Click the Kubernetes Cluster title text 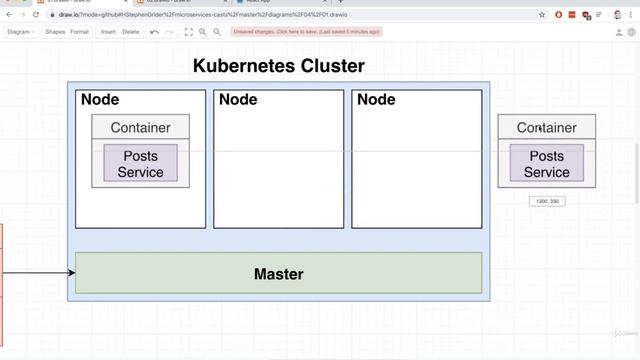click(278, 67)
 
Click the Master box click(278, 273)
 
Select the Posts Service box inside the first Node click(140, 164)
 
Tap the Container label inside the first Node click(140, 127)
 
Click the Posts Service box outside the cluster click(546, 164)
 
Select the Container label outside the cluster click(546, 127)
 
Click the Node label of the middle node click(238, 100)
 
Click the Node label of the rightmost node click(376, 100)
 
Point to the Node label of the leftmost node click(100, 100)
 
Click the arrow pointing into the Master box click(40, 271)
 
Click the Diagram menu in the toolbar click(20, 32)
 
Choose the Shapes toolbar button click(55, 32)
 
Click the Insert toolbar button click(108, 32)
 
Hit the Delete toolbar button click(131, 32)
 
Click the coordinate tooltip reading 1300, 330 click(547, 201)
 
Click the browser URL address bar click(250, 16)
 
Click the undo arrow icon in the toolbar click(155, 32)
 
